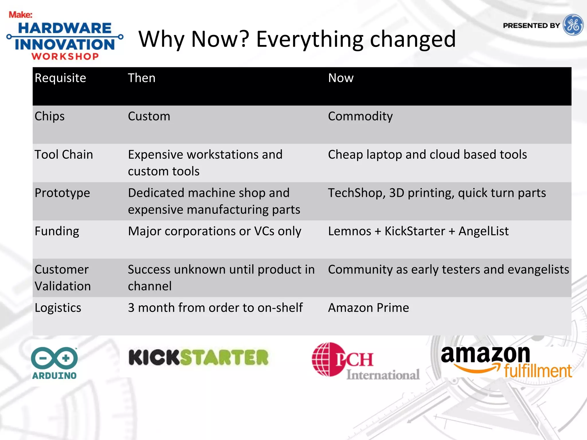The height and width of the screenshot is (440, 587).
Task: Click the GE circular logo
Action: (573, 25)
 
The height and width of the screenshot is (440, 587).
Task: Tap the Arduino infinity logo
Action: (54, 358)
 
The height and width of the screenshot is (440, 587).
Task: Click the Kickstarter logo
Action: (198, 357)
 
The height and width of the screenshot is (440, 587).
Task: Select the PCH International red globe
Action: (325, 360)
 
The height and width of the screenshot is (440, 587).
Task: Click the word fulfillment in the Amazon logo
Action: (538, 371)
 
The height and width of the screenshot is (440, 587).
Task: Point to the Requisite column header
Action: (60, 78)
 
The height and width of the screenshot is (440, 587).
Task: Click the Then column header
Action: (142, 78)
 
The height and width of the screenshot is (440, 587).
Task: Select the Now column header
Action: (341, 78)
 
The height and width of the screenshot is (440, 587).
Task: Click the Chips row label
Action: (49, 116)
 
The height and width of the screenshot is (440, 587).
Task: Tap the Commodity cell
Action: (360, 116)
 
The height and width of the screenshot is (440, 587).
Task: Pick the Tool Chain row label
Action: (64, 155)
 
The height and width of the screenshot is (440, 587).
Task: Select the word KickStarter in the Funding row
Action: (414, 231)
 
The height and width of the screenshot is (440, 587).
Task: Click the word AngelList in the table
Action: (483, 231)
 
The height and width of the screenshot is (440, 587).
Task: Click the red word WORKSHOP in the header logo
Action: (65, 56)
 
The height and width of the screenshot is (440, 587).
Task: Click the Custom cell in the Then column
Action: (149, 116)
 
